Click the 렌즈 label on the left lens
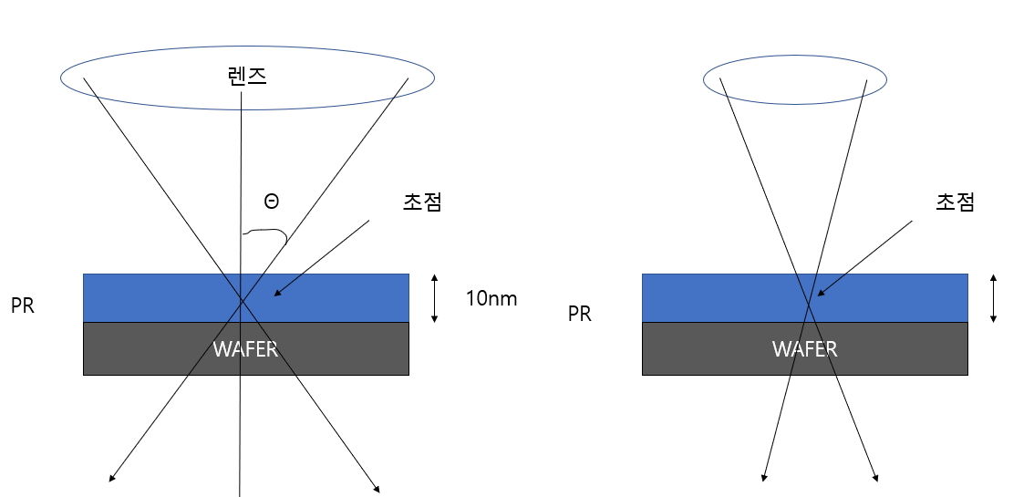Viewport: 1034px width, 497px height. (x=246, y=76)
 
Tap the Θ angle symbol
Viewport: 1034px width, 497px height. (x=271, y=202)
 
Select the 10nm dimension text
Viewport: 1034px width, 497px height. (x=491, y=298)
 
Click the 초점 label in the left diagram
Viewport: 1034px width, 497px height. (x=422, y=202)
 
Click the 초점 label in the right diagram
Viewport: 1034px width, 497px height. (x=955, y=202)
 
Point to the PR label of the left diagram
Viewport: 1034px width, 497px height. (x=23, y=306)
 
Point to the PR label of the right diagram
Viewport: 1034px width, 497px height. (x=580, y=315)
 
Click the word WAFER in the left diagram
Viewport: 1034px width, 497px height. (x=245, y=349)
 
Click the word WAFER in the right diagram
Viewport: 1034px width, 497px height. (x=804, y=349)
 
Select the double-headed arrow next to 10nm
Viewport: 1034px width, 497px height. (x=435, y=298)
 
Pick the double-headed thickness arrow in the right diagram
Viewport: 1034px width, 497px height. (x=993, y=298)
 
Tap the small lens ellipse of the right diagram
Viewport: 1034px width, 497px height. (x=795, y=80)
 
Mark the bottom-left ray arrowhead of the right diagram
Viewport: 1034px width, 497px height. (x=764, y=477)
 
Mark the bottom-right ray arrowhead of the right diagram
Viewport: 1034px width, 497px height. (x=876, y=477)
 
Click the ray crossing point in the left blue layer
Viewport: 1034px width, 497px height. (x=242, y=300)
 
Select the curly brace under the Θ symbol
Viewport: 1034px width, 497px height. (x=265, y=235)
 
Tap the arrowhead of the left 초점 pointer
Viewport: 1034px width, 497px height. (x=277, y=293)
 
